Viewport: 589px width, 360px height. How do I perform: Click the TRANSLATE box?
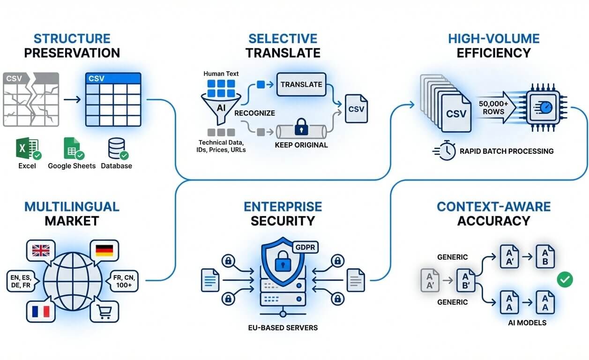tap(301, 84)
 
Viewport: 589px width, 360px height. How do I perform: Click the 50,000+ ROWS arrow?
tap(493, 108)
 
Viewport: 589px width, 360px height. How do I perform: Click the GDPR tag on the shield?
tap(305, 247)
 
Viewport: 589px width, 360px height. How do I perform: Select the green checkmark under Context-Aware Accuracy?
tap(565, 280)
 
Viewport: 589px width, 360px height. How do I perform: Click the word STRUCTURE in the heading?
tap(72, 38)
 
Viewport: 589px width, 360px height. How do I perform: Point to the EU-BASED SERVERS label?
tap(283, 327)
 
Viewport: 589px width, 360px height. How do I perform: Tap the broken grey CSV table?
tap(31, 99)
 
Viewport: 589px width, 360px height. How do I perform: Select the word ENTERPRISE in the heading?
tap(283, 206)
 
